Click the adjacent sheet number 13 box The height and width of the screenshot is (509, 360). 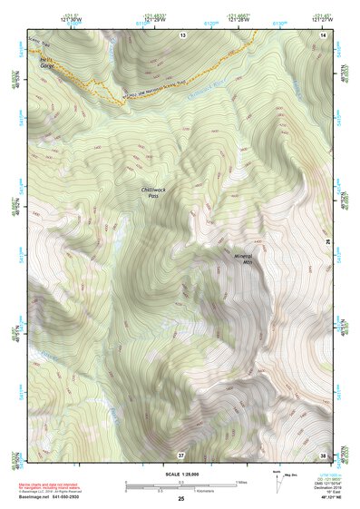click(x=182, y=34)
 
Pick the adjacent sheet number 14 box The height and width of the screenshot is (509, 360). click(x=325, y=34)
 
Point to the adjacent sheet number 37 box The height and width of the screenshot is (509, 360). click(x=181, y=454)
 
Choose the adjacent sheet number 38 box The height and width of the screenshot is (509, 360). click(x=324, y=454)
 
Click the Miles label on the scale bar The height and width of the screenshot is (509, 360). click(x=240, y=482)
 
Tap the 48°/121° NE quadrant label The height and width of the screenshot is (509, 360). click(x=329, y=498)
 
